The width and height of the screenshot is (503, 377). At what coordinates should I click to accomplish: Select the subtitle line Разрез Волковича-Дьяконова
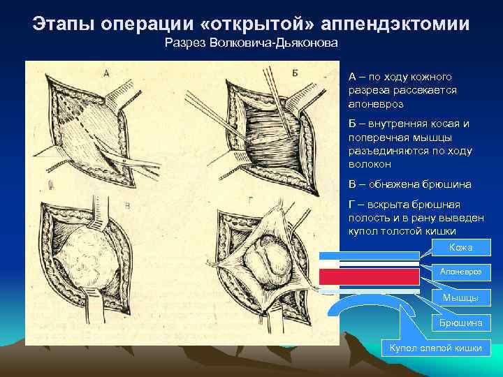point(251,45)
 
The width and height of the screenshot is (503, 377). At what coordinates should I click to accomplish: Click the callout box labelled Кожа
point(461,247)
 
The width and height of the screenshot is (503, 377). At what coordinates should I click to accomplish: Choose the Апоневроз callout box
point(460,272)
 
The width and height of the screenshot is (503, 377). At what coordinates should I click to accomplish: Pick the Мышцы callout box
point(460,297)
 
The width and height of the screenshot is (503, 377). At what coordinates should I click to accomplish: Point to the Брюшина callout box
point(460,323)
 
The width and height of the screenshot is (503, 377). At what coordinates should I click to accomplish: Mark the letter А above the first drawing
point(106,73)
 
